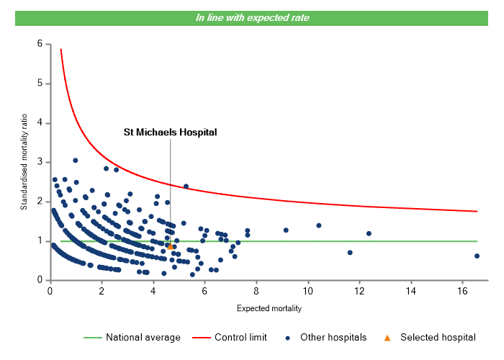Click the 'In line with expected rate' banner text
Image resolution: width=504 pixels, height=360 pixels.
[x=253, y=17]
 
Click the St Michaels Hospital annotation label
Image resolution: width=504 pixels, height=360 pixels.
[x=170, y=132]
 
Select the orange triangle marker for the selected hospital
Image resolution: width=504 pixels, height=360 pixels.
[x=171, y=246]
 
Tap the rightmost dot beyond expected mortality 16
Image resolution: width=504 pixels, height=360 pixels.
[x=477, y=256]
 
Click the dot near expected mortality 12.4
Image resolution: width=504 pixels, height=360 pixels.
[x=369, y=233]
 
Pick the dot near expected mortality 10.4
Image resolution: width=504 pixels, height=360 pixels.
[x=319, y=225]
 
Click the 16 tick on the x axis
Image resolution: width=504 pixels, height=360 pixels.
[x=462, y=291]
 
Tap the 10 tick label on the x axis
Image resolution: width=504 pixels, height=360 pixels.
[x=307, y=291]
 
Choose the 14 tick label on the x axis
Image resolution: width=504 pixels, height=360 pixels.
[x=410, y=291]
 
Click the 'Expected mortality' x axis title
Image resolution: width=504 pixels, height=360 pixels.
[x=269, y=309]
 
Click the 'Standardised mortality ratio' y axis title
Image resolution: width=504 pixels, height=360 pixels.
[x=24, y=162]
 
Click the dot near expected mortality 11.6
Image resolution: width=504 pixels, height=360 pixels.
[x=350, y=252]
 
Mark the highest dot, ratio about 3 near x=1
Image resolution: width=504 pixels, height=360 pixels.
[x=76, y=161]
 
